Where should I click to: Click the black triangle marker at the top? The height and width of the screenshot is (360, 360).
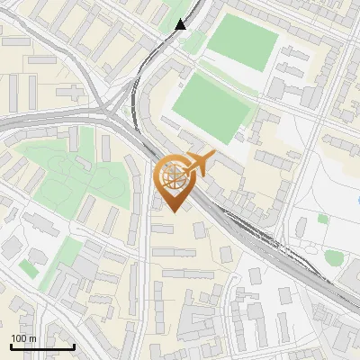[x=181, y=24]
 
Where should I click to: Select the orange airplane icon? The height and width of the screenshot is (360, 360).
[x=199, y=162]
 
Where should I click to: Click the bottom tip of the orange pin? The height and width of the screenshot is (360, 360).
[x=174, y=212]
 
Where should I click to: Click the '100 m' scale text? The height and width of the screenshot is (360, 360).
[x=23, y=338]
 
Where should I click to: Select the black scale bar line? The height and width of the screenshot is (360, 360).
[x=42, y=346]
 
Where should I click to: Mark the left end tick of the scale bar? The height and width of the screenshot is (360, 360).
[x=11, y=346]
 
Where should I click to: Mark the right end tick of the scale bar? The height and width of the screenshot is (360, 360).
[x=74, y=346]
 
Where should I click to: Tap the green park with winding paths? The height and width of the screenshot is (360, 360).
[x=65, y=171]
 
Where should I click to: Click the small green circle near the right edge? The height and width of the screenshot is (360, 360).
[x=334, y=257]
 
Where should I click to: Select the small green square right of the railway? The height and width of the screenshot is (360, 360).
[x=322, y=219]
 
